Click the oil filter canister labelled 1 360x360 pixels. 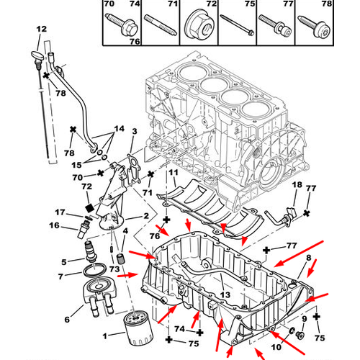coord(138,328)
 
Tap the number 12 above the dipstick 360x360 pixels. coord(41,30)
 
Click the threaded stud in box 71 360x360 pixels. coord(161,25)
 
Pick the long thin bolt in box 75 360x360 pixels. coord(237,25)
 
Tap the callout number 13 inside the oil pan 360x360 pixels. coord(225,294)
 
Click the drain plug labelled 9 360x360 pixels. coord(300,335)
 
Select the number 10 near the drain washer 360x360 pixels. coord(276,347)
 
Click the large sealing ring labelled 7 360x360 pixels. coord(94,270)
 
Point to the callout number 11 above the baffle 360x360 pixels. coord(174,172)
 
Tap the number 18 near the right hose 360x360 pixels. coord(297,184)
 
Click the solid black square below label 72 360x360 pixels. coord(90,208)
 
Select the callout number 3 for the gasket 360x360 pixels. coord(135,131)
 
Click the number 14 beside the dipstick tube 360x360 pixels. coord(120,129)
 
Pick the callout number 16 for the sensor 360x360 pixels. coord(54,225)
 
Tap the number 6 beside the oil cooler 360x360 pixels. coord(67,320)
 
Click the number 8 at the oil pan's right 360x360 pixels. coord(309,258)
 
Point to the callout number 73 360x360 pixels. coord(114,269)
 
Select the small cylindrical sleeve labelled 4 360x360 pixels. coord(120,258)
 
